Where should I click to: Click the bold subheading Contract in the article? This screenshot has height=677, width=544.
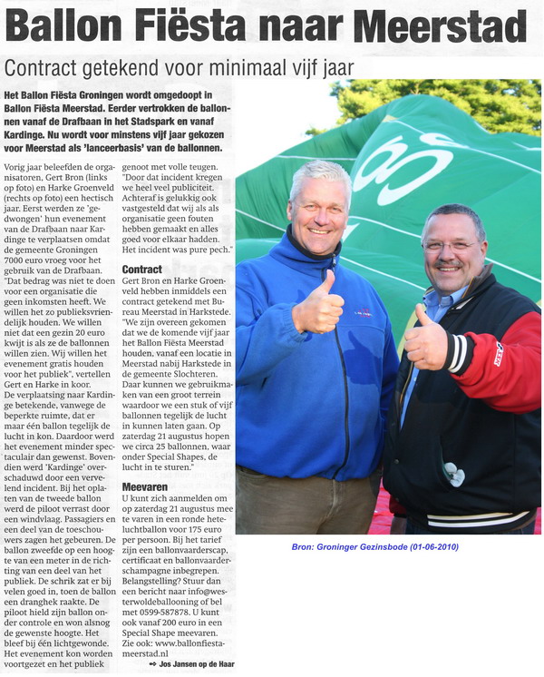click(x=141, y=270)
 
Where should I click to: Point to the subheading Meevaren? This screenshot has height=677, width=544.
click(x=143, y=486)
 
